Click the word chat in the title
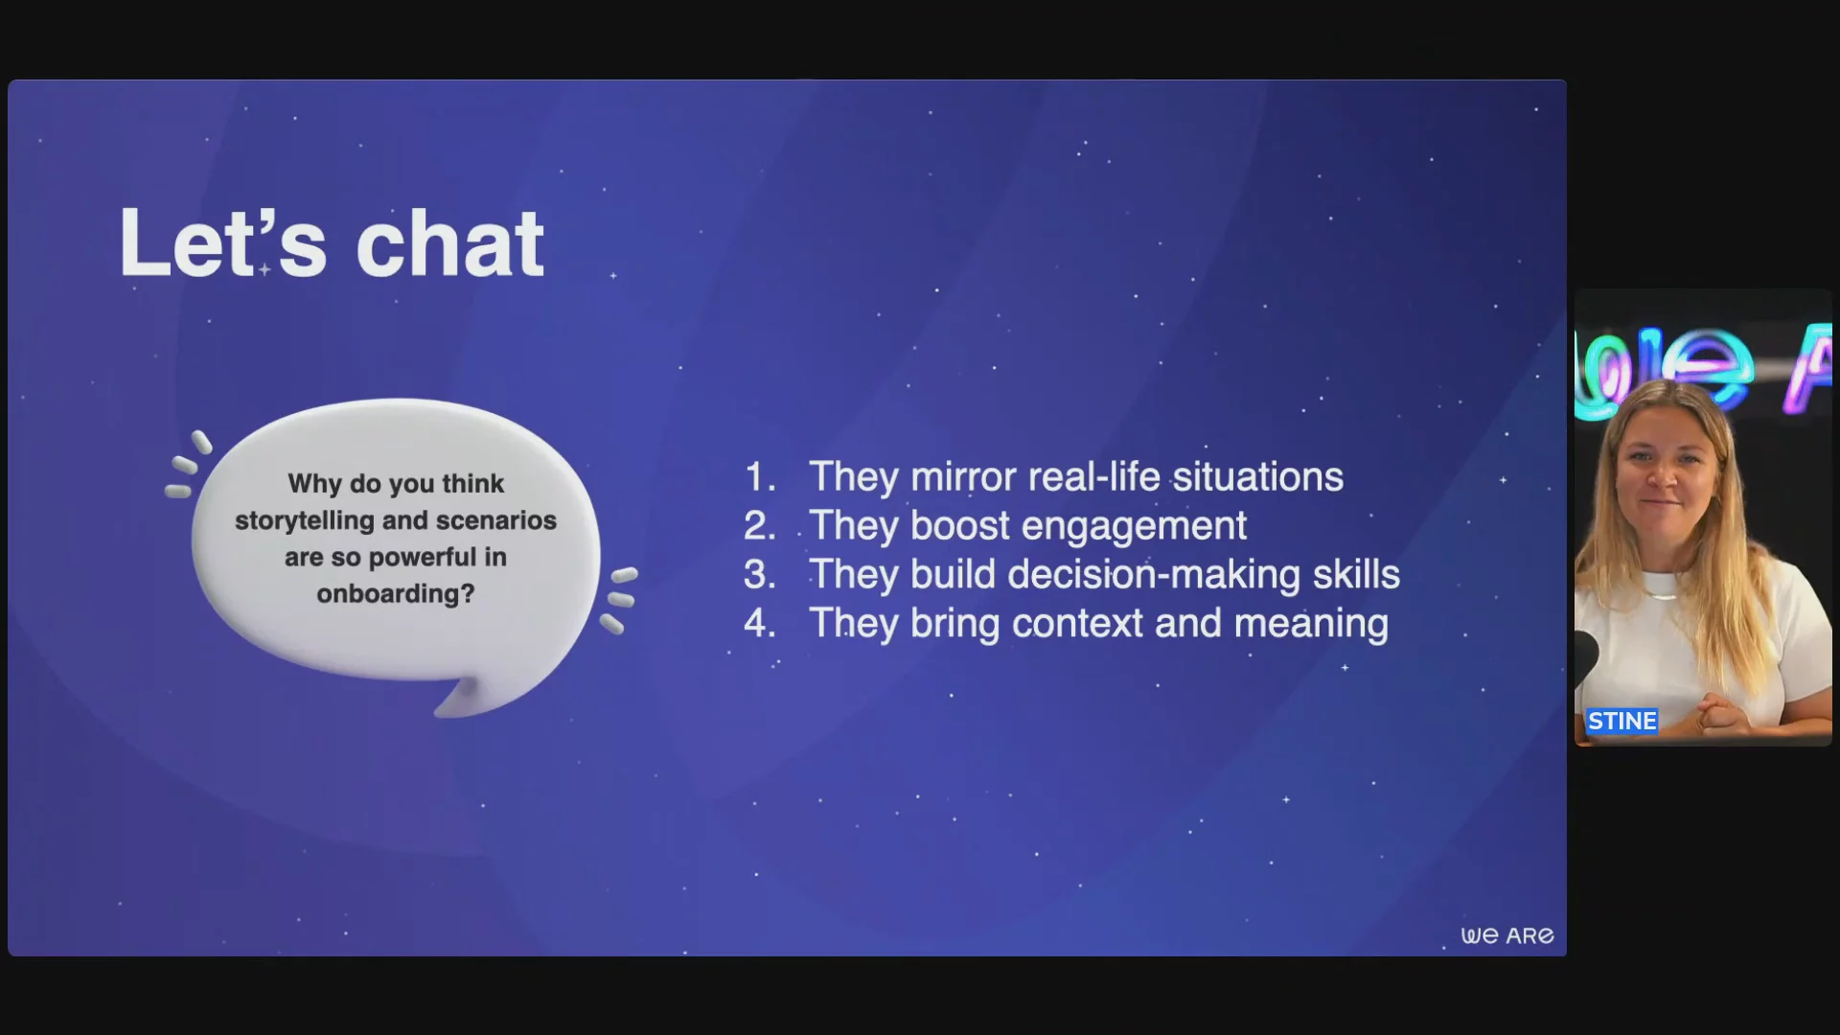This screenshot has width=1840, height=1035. [449, 243]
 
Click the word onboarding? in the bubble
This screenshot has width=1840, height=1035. [396, 594]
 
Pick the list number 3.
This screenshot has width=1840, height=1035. [760, 575]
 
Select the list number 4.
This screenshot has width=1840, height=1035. [760, 624]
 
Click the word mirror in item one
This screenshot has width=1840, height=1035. [963, 477]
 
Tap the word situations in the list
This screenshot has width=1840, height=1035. [1258, 477]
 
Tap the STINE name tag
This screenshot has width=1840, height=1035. [1621, 721]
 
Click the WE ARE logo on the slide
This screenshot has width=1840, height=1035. [1507, 935]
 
